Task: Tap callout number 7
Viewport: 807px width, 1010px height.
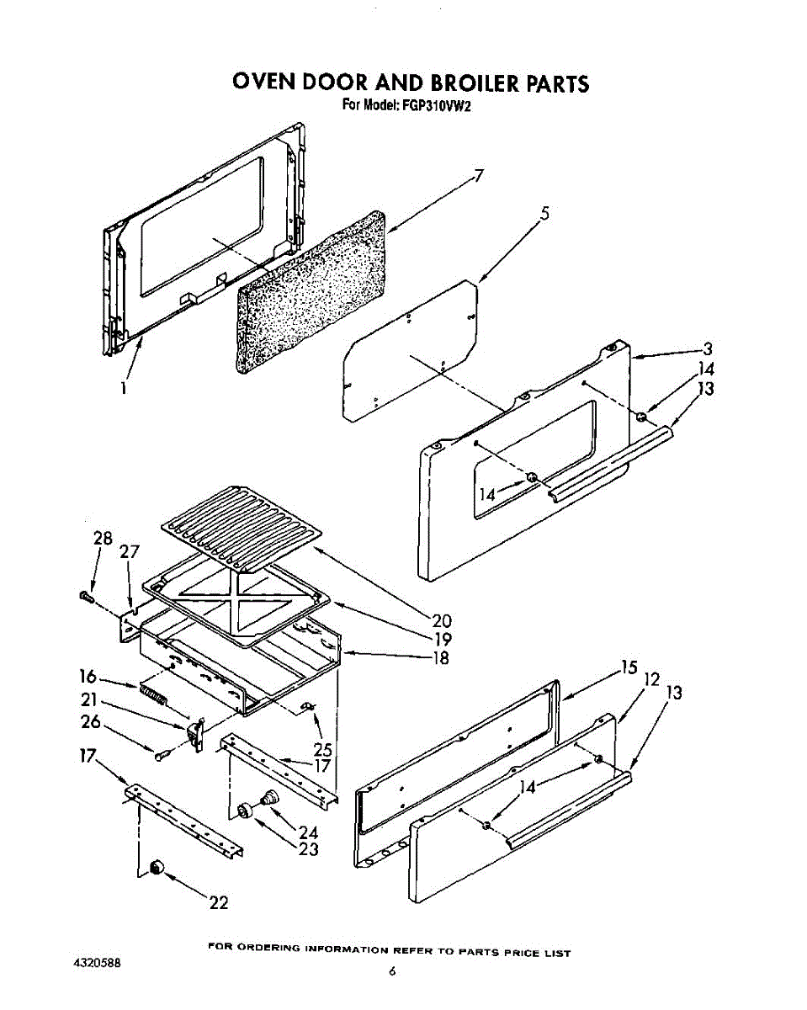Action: coord(478,176)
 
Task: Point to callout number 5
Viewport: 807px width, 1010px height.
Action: coord(545,214)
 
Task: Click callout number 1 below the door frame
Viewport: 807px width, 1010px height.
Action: coord(124,388)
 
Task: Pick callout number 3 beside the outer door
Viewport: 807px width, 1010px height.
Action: coord(708,348)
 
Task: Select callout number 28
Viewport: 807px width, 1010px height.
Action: coord(103,538)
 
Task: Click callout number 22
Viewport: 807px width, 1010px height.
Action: coord(219,903)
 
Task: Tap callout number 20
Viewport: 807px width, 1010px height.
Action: coord(442,621)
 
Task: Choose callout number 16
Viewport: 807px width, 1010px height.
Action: coord(88,675)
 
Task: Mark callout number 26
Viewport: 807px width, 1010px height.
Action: coord(91,721)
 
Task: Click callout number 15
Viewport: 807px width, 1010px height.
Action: coord(629,667)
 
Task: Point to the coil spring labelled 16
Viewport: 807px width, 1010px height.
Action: coord(153,694)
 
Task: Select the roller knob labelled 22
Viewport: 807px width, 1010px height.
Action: coord(155,868)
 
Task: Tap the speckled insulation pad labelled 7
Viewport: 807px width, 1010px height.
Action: coord(311,290)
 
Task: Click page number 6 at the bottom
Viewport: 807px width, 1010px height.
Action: coord(392,971)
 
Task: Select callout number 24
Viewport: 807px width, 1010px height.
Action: coord(308,832)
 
